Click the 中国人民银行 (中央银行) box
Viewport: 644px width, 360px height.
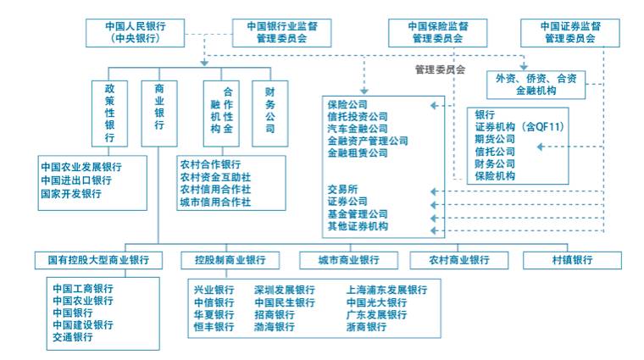coord(134,32)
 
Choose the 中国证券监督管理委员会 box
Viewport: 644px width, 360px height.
coord(569,32)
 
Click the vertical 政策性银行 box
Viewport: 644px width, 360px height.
coord(109,114)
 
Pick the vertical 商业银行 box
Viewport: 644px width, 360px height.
coord(158,114)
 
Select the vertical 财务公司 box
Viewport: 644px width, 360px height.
coord(270,114)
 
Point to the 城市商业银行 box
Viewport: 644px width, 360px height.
coord(349,260)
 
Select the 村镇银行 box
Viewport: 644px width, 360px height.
coord(572,260)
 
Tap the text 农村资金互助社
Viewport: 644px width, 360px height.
coord(215,177)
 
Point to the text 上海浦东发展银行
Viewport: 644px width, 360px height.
coord(386,290)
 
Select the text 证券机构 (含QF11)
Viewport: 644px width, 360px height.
coord(519,127)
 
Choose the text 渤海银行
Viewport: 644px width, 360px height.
coord(275,327)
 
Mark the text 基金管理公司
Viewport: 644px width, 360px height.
coord(357,214)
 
